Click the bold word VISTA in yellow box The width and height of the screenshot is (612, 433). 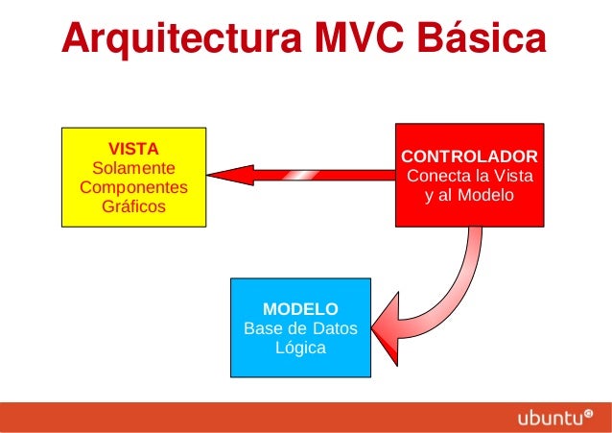[133, 149]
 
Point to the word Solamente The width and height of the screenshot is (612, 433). [133, 168]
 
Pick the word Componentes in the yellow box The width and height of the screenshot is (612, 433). [133, 187]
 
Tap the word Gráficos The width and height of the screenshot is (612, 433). [133, 206]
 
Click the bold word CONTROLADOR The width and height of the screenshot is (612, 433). [469, 156]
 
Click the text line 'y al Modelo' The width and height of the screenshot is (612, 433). [469, 196]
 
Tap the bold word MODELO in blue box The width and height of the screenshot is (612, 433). [300, 309]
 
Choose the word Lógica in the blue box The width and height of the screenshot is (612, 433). [300, 348]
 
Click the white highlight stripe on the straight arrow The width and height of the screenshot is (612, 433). [301, 174]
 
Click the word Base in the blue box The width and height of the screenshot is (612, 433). [264, 328]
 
